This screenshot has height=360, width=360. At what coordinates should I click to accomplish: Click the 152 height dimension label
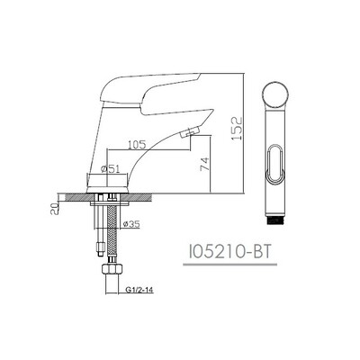click(237, 128)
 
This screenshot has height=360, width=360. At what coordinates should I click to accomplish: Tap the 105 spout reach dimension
click(137, 145)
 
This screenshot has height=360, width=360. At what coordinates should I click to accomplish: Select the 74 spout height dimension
click(204, 164)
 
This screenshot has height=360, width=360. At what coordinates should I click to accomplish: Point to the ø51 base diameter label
click(111, 169)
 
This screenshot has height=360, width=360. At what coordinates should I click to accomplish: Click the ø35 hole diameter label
click(131, 224)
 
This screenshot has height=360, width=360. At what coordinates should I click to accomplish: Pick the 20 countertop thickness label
click(54, 208)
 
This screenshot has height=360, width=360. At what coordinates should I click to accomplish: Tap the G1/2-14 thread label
click(138, 290)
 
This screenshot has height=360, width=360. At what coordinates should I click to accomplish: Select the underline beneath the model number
click(230, 265)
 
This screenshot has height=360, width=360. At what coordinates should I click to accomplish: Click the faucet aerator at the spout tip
click(189, 132)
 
